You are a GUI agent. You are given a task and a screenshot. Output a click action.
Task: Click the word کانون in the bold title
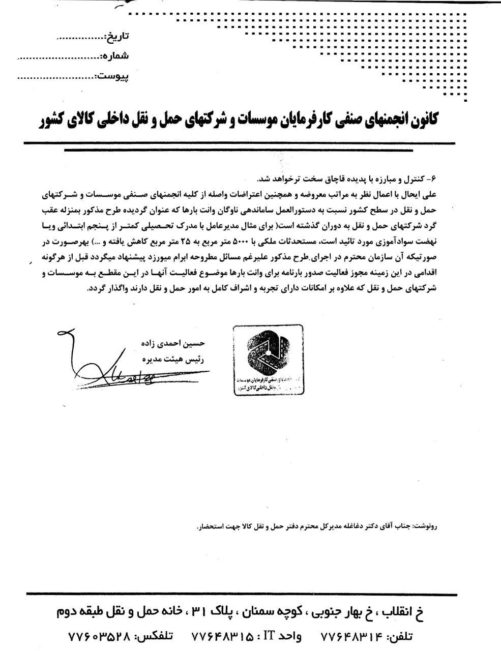click(420, 120)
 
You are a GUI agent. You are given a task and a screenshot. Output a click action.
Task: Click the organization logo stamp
click(268, 360)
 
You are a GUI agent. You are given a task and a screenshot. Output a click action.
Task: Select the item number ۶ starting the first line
click(434, 179)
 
